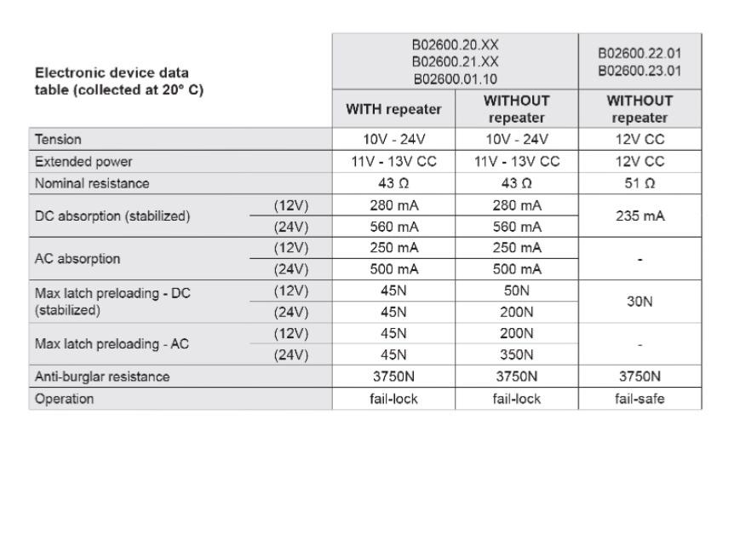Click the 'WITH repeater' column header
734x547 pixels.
394,109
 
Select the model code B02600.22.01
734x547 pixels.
640,54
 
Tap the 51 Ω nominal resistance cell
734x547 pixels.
640,182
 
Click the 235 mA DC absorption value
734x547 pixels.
640,216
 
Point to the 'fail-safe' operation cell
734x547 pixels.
640,399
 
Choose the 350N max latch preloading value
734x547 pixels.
517,354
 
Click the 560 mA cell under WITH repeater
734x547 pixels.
394,227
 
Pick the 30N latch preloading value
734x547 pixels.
640,301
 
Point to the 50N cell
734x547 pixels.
517,291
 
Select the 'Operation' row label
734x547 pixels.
65,399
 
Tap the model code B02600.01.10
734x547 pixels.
456,78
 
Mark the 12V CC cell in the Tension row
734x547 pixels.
640,139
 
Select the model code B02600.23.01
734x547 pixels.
640,69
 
